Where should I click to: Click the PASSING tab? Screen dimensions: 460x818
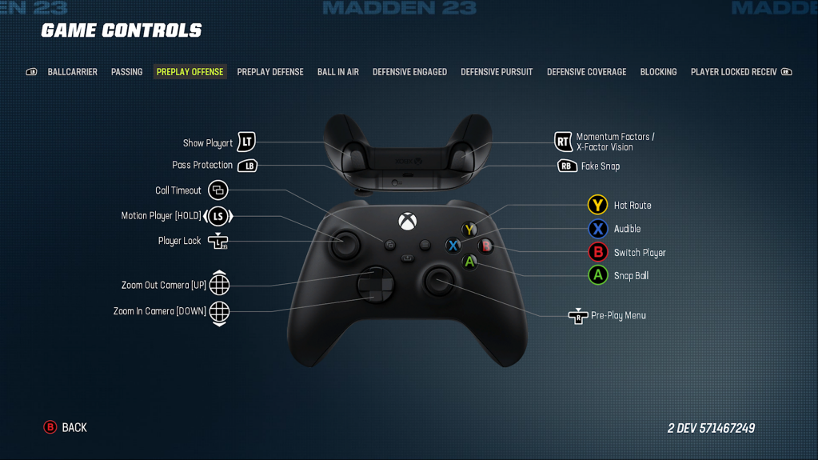pyautogui.click(x=126, y=72)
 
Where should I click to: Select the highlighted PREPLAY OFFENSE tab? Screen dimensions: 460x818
pyautogui.click(x=190, y=72)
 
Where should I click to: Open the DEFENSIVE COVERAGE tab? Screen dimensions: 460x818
pyautogui.click(x=586, y=72)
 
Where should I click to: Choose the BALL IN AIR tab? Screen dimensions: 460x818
pyautogui.click(x=337, y=72)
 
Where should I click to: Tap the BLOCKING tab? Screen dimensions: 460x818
pyautogui.click(x=658, y=72)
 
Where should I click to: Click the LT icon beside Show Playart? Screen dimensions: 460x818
pyautogui.click(x=246, y=142)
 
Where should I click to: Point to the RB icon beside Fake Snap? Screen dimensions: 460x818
pyautogui.click(x=567, y=166)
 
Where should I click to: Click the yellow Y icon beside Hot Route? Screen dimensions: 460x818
pyautogui.click(x=597, y=205)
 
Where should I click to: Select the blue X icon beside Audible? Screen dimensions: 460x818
pyautogui.click(x=597, y=229)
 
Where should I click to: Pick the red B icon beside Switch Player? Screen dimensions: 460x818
pyautogui.click(x=597, y=252)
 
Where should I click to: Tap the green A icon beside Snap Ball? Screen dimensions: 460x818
pyautogui.click(x=597, y=275)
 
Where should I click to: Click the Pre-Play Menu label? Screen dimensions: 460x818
pyautogui.click(x=618, y=316)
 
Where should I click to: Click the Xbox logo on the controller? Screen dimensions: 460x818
pyautogui.click(x=407, y=220)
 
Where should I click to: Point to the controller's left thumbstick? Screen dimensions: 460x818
pyautogui.click(x=345, y=244)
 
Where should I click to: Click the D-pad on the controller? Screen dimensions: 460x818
pyautogui.click(x=374, y=284)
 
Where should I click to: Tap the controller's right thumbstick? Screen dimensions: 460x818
pyautogui.click(x=438, y=281)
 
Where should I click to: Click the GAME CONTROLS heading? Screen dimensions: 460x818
pyautogui.click(x=122, y=31)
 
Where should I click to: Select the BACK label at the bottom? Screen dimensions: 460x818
pyautogui.click(x=74, y=428)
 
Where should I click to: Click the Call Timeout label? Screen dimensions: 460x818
pyautogui.click(x=178, y=190)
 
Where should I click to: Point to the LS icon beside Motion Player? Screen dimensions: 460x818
pyautogui.click(x=218, y=216)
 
